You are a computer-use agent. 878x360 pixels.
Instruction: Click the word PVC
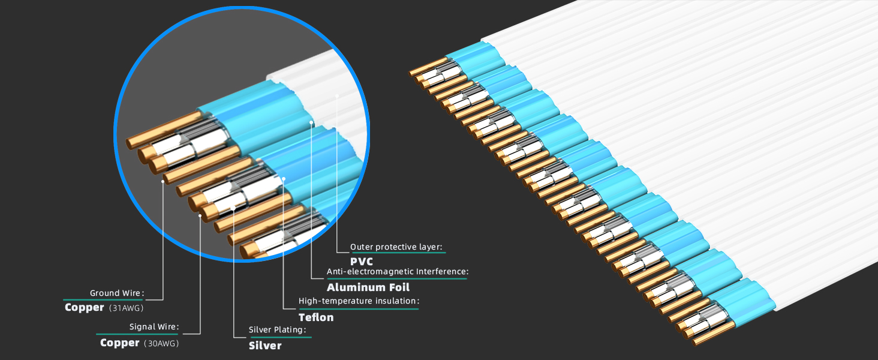362,262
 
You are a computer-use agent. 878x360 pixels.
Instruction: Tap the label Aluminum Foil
368,287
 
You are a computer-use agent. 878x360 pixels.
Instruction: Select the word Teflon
316,317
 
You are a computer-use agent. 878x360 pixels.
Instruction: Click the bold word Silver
265,345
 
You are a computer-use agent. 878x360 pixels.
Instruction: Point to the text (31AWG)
126,308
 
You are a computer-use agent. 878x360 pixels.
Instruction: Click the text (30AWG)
161,343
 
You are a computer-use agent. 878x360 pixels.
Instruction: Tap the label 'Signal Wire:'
154,327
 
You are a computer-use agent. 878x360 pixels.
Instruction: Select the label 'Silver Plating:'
278,330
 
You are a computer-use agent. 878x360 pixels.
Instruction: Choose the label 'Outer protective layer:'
396,247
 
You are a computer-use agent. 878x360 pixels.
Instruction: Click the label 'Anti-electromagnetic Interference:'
398,272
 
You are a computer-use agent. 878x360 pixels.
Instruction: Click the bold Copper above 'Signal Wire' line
120,343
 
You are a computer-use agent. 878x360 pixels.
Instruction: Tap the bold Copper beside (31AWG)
85,307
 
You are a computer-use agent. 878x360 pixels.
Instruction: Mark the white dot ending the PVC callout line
337,95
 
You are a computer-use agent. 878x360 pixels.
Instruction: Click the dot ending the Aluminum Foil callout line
312,122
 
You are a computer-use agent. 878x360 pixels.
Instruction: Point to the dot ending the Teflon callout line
283,179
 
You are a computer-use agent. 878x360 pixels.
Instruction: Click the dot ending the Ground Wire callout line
163,179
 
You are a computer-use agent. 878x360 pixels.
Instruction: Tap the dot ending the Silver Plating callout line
233,208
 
